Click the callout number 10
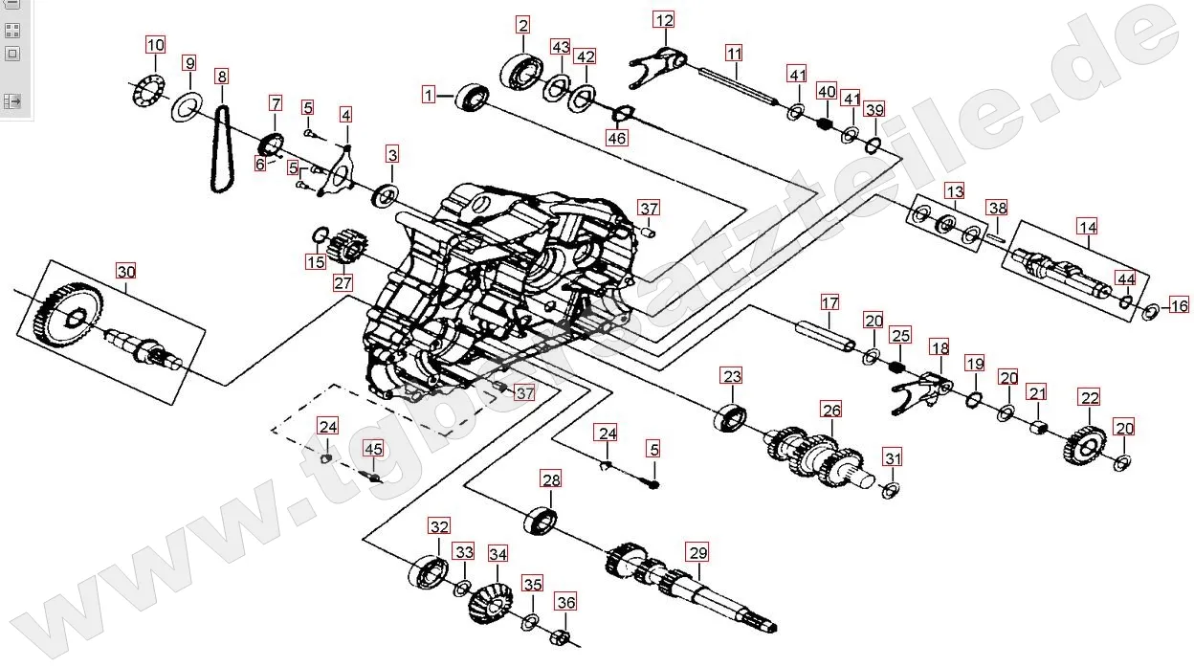(155, 44)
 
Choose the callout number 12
(664, 20)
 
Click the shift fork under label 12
(660, 62)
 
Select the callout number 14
(1087, 227)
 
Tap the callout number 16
(1179, 305)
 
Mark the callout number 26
(831, 411)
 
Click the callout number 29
(697, 552)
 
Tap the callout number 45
(373, 449)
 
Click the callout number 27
(343, 282)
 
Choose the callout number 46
(618, 138)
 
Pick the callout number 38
(997, 208)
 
